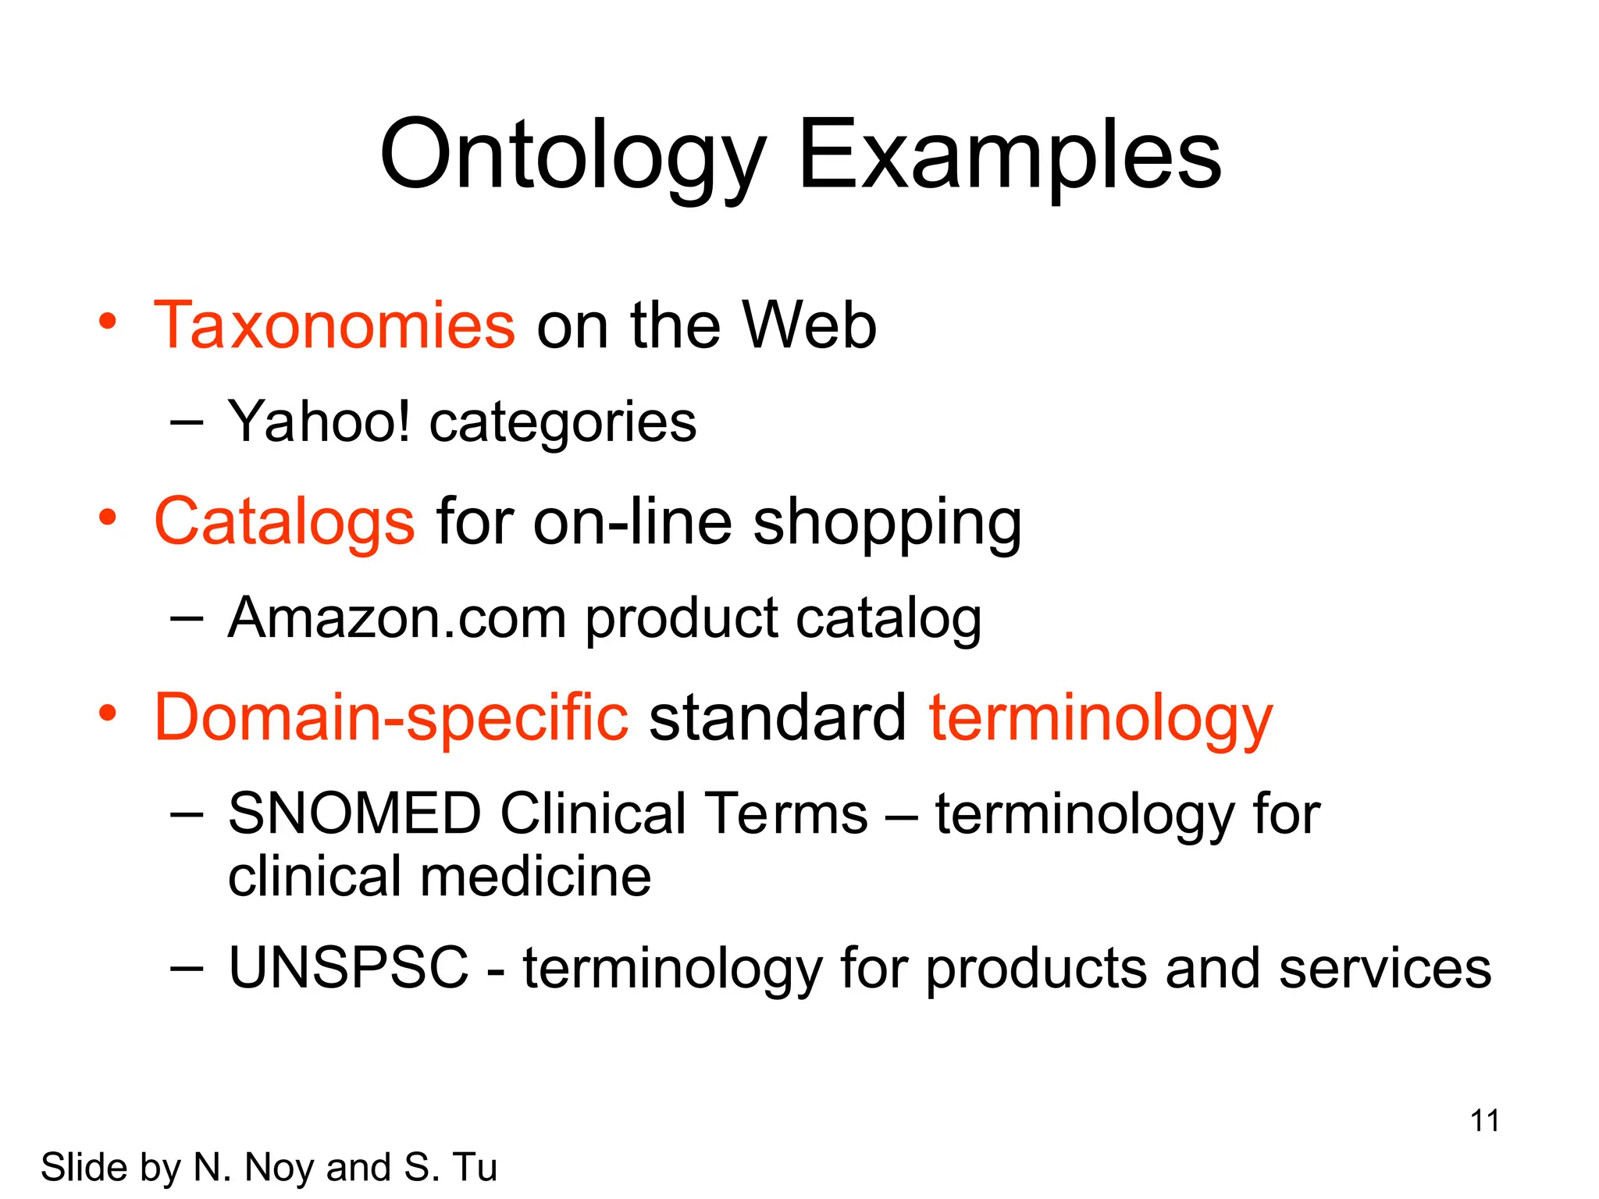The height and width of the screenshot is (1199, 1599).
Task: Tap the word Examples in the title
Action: click(x=1009, y=156)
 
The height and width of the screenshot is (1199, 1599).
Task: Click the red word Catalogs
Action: click(x=284, y=521)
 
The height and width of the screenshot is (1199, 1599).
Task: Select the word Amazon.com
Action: click(x=397, y=618)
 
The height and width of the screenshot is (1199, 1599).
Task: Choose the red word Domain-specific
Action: click(x=390, y=717)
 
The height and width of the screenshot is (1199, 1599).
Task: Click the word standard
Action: click(x=778, y=717)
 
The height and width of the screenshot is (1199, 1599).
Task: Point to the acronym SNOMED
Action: click(x=354, y=813)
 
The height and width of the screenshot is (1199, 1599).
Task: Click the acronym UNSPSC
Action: click(x=348, y=968)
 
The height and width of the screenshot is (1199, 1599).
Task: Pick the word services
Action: click(x=1385, y=968)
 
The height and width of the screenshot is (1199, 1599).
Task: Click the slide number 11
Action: click(x=1484, y=1121)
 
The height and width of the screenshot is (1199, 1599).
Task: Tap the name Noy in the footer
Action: click(x=280, y=1168)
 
